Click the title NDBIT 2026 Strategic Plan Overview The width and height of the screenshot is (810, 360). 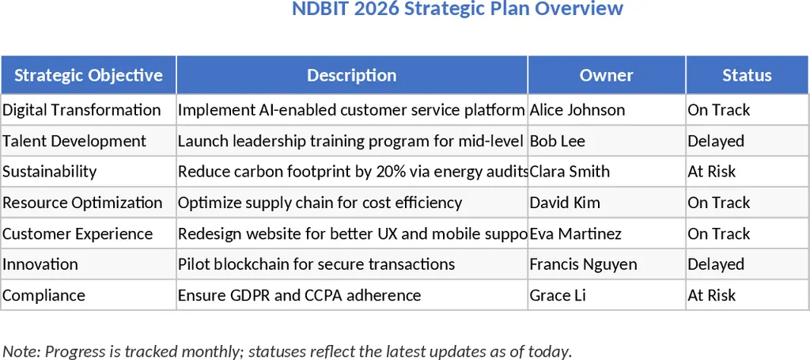457,9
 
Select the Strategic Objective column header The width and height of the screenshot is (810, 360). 89,75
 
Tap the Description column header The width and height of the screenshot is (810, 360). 352,75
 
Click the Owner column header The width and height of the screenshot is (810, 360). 607,75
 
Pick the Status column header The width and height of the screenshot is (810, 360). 747,75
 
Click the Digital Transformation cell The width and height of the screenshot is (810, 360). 82,110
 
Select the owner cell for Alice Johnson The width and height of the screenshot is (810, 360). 577,110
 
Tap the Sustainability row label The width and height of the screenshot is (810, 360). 50,172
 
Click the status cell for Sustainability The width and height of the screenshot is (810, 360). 712,172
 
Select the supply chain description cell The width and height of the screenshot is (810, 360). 320,203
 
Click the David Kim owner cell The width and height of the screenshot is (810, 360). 565,203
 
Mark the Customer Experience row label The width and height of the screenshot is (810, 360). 78,233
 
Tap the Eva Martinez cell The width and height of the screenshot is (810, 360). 576,233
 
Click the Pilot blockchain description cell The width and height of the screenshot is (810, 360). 316,264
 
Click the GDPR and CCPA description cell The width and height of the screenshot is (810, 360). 300,295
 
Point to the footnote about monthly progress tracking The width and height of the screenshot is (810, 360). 287,351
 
